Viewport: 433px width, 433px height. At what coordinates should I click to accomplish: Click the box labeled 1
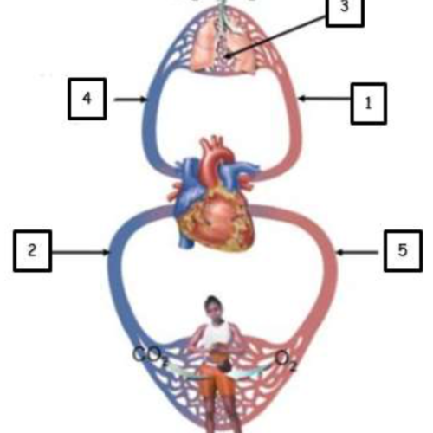tap(369, 104)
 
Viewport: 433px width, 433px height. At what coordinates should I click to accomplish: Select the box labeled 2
tap(33, 251)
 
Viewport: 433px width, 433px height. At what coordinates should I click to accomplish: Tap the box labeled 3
tap(345, 11)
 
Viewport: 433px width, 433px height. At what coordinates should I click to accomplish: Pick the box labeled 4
tap(87, 99)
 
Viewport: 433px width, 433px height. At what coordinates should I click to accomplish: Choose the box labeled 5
tap(403, 251)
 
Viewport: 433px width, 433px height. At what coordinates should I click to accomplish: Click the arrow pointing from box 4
tap(131, 100)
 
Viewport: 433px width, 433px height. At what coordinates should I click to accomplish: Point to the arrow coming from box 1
tap(325, 99)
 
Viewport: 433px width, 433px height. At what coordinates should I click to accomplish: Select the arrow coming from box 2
tap(81, 253)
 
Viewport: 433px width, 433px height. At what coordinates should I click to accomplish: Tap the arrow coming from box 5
tap(358, 253)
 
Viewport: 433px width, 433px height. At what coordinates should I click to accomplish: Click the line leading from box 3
tap(276, 36)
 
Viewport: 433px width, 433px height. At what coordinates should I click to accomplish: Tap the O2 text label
tap(285, 361)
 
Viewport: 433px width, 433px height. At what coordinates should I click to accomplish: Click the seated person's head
tap(213, 307)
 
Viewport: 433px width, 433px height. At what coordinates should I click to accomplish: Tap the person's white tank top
tap(216, 335)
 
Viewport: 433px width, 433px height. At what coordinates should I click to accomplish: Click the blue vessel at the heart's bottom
tap(186, 241)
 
